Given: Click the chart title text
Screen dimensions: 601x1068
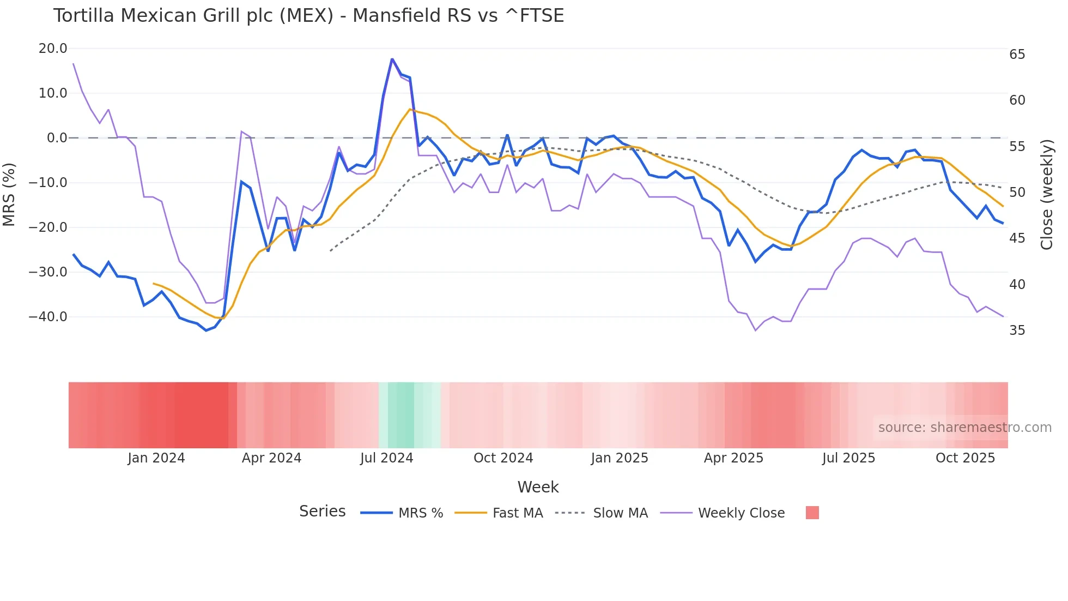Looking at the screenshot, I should tap(308, 16).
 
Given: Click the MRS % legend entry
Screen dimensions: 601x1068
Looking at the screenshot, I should tap(420, 513).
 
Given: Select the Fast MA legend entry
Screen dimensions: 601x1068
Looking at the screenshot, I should tap(517, 513).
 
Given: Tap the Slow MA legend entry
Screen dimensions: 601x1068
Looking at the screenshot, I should tap(620, 513).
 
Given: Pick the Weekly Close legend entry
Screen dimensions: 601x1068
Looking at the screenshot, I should tap(741, 513).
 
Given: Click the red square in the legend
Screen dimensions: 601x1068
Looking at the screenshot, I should tap(812, 513).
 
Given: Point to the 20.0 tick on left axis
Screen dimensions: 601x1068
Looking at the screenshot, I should tap(53, 49).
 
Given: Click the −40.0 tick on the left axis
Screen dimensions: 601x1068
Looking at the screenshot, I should tap(48, 317).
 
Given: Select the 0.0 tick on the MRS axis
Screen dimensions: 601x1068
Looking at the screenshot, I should tap(57, 138).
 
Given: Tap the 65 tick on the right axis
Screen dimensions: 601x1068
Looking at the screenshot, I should tap(1017, 55).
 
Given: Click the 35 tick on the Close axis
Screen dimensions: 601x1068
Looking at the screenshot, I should tap(1017, 330).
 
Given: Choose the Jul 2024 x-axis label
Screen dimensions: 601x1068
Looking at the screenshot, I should tap(386, 458).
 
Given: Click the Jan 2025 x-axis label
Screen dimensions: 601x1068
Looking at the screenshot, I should tap(620, 458).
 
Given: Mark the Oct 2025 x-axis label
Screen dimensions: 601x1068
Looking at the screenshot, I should tap(965, 458).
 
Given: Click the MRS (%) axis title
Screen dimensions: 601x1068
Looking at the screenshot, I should tap(9, 194).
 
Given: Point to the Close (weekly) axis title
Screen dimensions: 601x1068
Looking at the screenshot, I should tap(1046, 195).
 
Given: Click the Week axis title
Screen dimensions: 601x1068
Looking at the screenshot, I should tap(538, 487).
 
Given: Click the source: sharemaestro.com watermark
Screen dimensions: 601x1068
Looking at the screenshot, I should tap(964, 428).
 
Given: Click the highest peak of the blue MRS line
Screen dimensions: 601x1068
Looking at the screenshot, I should tap(392, 59).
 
